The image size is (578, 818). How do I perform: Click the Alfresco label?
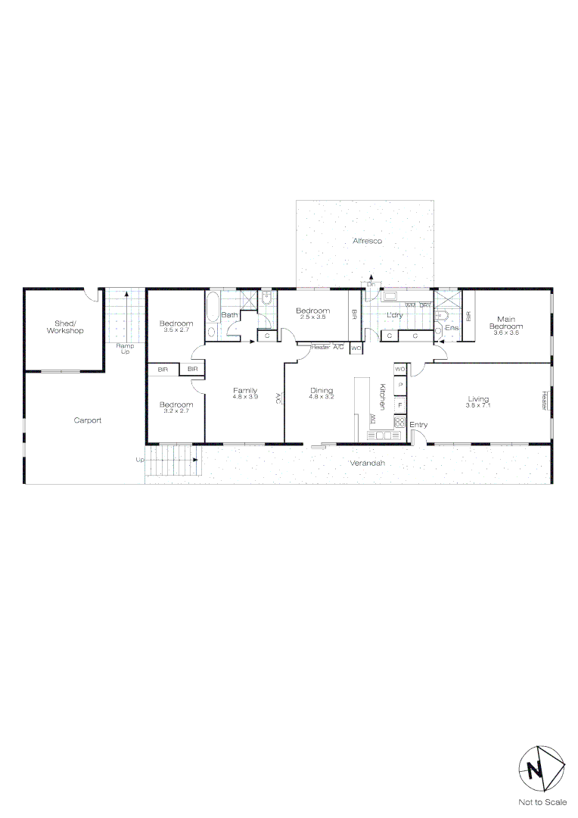tap(368, 241)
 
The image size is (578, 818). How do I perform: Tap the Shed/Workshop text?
tap(64, 326)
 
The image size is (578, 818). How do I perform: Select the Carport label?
tap(88, 420)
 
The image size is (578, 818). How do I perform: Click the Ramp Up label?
tap(125, 349)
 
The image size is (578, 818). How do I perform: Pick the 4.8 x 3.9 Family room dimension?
tap(245, 397)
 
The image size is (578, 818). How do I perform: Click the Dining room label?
tap(322, 391)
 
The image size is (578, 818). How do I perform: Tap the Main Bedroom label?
tap(506, 323)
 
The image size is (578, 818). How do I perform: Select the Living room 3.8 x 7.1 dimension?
tap(478, 405)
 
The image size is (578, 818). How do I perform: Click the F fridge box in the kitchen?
tap(400, 405)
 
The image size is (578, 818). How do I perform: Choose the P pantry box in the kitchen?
tap(400, 386)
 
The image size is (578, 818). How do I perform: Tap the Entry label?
tap(418, 425)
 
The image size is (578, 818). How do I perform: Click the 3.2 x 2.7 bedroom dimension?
tap(176, 411)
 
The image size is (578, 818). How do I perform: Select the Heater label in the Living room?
tap(544, 401)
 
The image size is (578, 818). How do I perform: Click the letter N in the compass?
tap(536, 770)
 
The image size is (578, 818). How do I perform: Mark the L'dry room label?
tap(393, 315)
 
